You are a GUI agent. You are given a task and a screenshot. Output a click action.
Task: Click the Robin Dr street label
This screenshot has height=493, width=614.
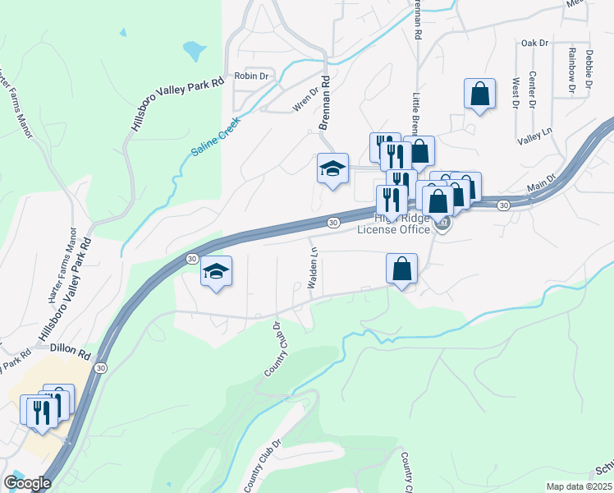coord(251,76)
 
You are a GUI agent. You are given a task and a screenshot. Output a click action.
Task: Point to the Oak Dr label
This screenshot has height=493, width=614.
coord(534,42)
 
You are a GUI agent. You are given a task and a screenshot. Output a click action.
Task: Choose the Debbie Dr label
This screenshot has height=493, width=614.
coord(589,69)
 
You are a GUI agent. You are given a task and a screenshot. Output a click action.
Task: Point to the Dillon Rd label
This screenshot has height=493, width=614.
coord(69,349)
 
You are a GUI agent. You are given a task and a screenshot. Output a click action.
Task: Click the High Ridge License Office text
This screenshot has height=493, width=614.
coord(393,223)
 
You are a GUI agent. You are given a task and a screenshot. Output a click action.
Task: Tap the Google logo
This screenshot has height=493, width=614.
coord(27,483)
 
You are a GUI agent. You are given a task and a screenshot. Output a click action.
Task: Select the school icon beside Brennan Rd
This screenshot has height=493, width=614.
coord(332,168)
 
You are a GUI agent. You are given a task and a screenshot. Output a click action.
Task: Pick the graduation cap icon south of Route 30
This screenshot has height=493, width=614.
coord(216,271)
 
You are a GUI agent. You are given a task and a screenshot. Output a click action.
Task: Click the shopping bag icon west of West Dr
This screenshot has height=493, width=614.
coord(479,94)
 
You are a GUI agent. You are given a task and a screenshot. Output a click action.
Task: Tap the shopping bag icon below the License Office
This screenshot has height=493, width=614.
coord(401,269)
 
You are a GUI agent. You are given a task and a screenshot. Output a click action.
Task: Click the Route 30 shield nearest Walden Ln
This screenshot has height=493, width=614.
coord(332,223)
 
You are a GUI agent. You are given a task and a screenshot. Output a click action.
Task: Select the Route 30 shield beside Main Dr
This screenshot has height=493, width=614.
coord(503,205)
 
